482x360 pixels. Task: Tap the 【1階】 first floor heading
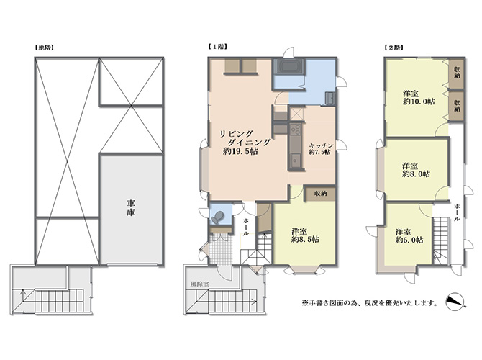point(218,47)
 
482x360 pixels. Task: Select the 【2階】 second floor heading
point(394,48)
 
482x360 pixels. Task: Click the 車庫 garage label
point(131,208)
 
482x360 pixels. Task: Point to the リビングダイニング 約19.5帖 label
point(245,142)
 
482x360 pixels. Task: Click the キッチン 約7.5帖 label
point(321,148)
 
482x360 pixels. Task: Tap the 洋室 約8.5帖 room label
point(305,235)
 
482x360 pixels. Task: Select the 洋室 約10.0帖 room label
point(419,97)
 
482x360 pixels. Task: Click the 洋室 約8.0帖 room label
point(416,170)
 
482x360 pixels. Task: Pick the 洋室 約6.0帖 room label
point(409,236)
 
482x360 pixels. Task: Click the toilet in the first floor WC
point(217,217)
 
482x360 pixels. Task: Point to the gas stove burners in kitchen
point(296,129)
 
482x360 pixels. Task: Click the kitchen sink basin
point(296,161)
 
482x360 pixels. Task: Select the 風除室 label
point(199,284)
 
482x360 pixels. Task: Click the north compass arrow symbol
point(455,301)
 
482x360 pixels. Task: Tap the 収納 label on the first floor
point(320,194)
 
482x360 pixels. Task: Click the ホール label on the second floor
point(457,212)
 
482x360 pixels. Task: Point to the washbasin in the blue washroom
point(329,99)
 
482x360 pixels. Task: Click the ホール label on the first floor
point(246,227)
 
